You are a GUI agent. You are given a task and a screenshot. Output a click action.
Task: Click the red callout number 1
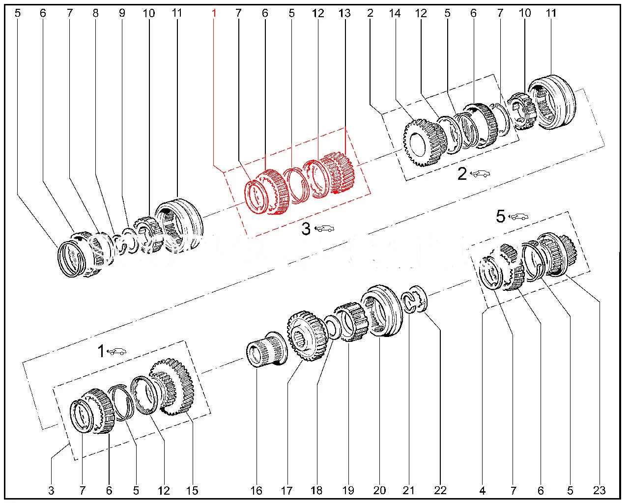tap(214, 13)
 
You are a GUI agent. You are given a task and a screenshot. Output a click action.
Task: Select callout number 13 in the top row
tap(344, 13)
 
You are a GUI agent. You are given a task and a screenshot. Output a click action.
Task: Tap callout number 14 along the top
tap(395, 13)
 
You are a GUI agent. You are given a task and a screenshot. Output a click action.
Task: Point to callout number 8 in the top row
tap(95, 13)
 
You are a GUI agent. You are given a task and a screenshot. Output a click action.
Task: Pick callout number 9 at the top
tap(122, 13)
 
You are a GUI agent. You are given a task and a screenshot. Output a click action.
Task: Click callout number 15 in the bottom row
tap(192, 490)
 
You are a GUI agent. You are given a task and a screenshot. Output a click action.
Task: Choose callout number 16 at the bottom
tap(257, 490)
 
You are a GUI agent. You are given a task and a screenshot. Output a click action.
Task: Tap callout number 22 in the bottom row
tap(440, 490)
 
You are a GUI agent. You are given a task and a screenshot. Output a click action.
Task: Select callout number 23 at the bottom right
tap(600, 490)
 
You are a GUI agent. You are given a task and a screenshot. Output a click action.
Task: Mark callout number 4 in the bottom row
tap(483, 490)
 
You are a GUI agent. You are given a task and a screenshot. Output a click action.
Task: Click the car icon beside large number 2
tap(480, 173)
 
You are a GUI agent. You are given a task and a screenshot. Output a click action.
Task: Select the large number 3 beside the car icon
tap(306, 228)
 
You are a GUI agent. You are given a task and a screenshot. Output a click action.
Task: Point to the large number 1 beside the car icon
tap(101, 351)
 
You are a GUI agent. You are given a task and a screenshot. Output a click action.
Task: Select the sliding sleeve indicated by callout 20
tap(379, 310)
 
